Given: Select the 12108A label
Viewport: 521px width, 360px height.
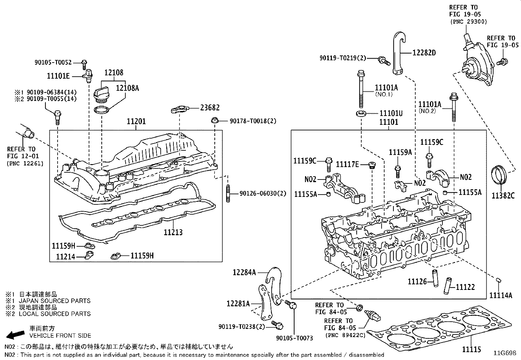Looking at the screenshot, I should [128, 88].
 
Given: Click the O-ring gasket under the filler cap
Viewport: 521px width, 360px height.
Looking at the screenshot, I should [101, 109].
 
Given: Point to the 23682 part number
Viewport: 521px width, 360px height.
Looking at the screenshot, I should [210, 107].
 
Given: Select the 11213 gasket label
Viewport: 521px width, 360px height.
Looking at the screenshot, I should [173, 232].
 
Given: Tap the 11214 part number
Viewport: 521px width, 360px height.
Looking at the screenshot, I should [65, 257].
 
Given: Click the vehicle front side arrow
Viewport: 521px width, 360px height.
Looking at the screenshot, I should [15, 334].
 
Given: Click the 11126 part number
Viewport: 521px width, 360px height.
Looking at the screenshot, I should [417, 281].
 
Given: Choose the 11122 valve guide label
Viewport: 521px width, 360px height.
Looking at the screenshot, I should [465, 287].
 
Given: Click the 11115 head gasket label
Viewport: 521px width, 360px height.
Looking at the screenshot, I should [472, 350].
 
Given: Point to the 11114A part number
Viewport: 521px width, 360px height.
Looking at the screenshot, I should [500, 295].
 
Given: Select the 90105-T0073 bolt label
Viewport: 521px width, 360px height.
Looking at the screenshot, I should [295, 338].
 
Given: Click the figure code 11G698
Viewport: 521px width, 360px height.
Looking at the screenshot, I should [505, 353].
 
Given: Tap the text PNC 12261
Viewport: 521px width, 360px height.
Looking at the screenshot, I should [25, 163].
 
